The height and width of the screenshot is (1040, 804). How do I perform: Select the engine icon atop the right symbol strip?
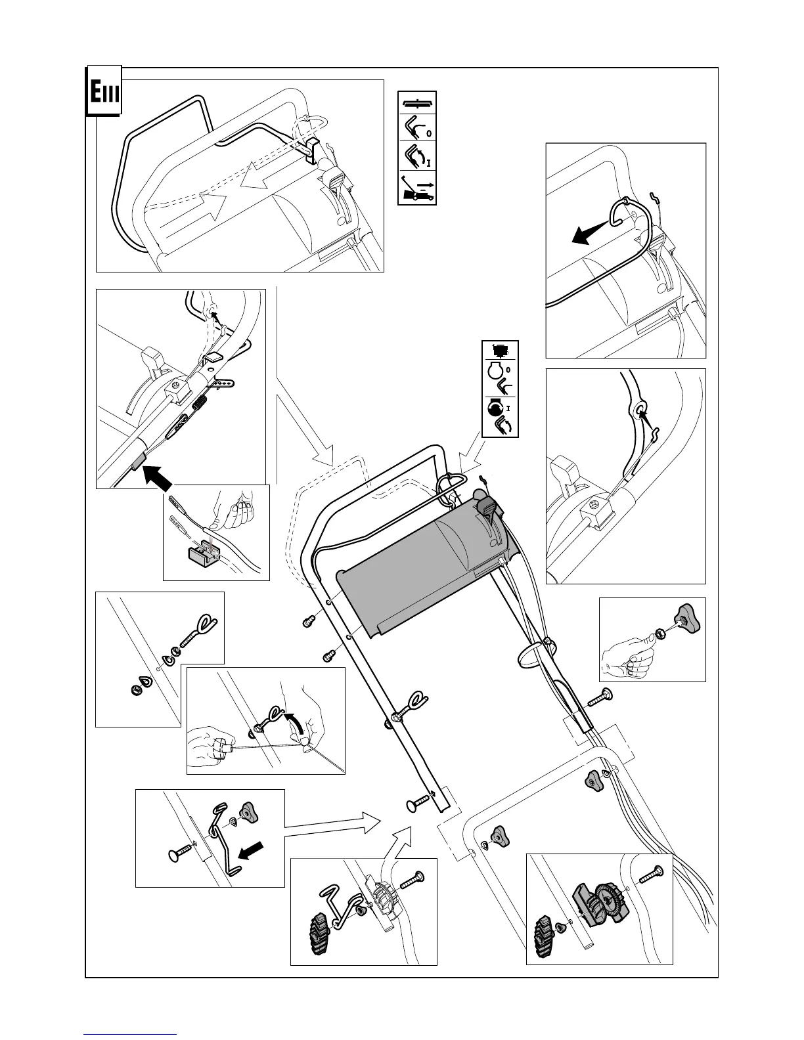(501, 351)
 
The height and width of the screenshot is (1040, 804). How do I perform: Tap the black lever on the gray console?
(487, 507)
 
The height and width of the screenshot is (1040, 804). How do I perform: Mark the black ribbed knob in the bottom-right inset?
(545, 933)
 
